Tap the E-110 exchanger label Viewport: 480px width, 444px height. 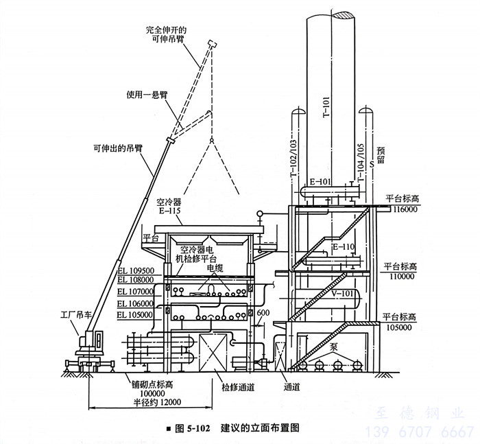(343, 246)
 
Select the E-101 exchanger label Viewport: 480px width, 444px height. (320, 182)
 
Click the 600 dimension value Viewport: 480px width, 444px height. (263, 313)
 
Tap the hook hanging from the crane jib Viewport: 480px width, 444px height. (213, 143)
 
